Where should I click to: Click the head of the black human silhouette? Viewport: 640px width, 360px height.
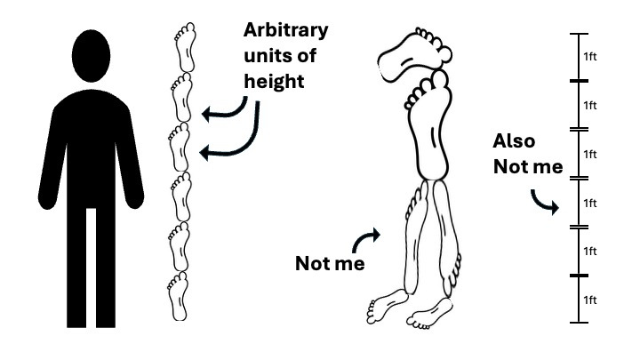91,55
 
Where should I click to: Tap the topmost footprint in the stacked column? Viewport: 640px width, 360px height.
185,47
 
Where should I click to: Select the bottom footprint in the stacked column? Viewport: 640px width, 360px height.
178,296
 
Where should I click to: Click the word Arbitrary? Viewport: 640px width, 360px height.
285,30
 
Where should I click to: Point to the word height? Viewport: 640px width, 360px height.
274,81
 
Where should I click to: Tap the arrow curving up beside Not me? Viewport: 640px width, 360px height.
364,240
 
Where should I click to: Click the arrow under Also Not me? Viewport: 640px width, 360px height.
545,202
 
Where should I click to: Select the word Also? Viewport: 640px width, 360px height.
514,141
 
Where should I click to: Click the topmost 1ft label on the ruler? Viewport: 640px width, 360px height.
590,56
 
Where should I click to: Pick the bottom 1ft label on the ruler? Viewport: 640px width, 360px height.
590,300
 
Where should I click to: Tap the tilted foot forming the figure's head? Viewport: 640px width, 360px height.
414,55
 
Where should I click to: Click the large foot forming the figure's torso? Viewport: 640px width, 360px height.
428,124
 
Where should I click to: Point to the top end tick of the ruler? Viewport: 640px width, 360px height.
579,34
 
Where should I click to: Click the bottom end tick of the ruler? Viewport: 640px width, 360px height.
579,323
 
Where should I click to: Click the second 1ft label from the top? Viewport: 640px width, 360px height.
590,105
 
